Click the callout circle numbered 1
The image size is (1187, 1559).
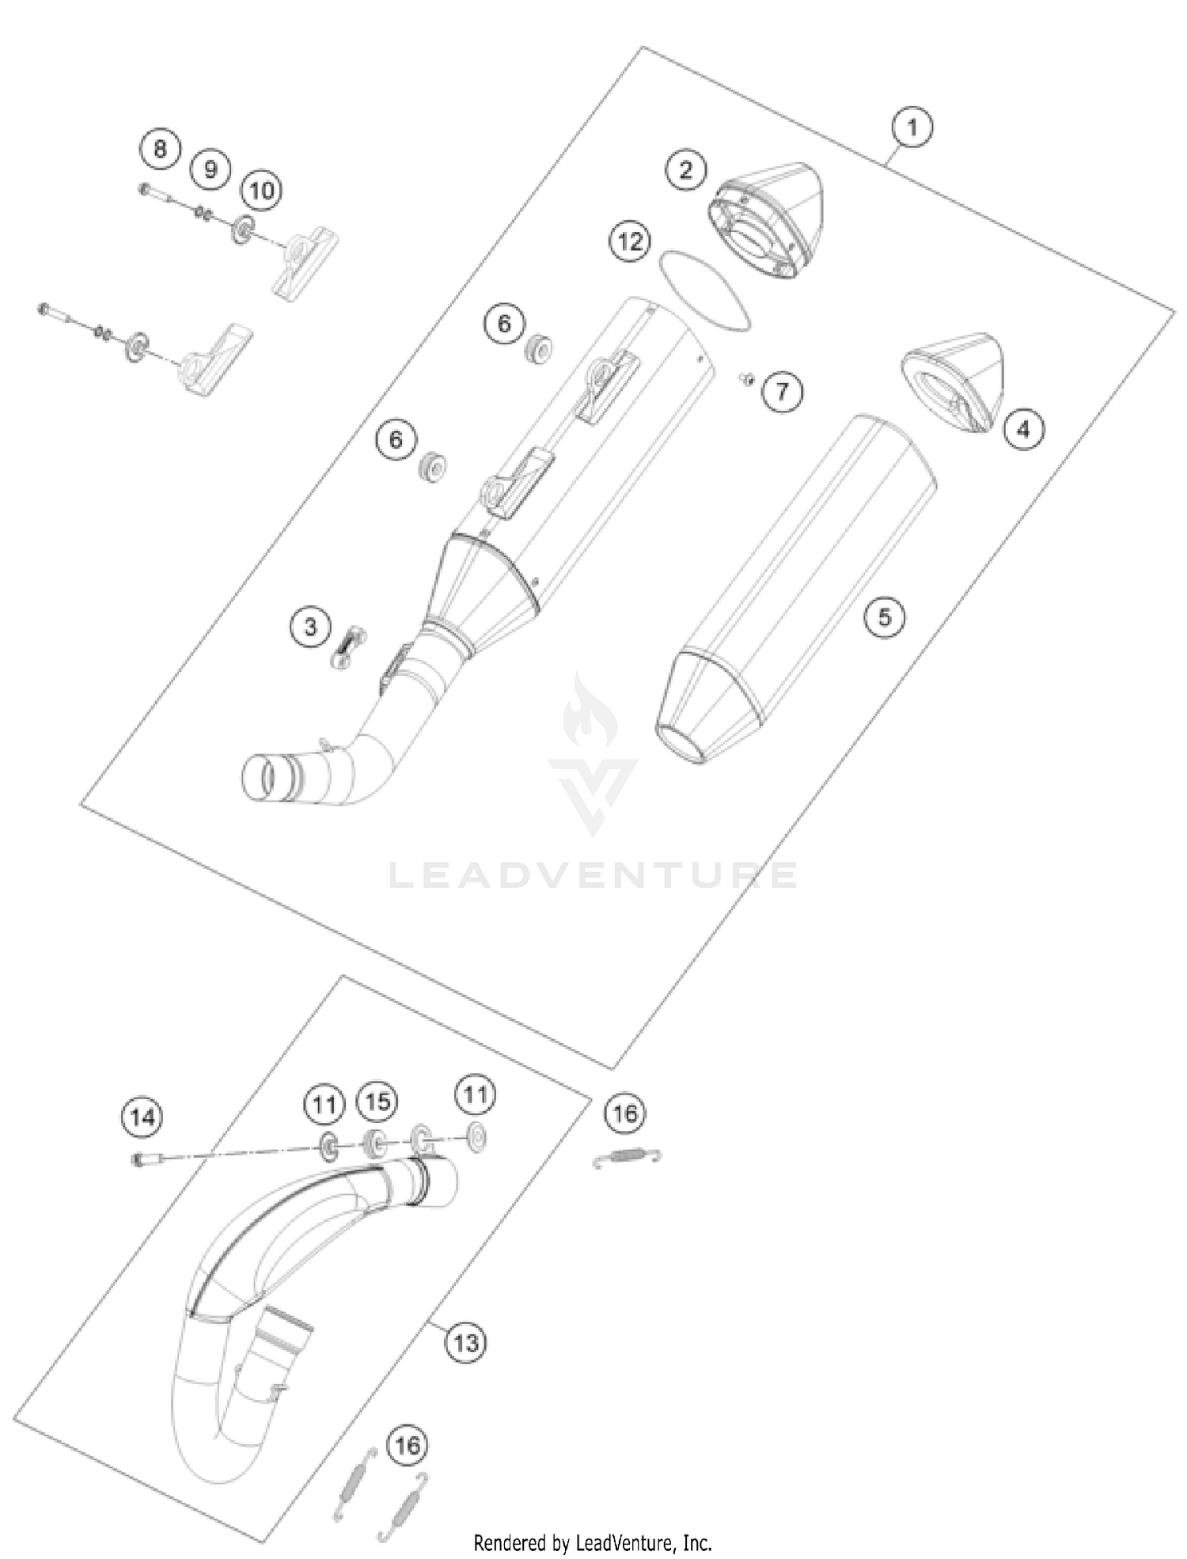(912, 127)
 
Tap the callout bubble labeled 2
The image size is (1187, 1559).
(685, 169)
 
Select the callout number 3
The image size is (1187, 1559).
(310, 627)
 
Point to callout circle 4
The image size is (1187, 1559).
(1023, 429)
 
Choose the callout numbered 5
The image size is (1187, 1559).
(884, 616)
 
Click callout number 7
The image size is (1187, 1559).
(782, 391)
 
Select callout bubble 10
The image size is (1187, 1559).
(261, 190)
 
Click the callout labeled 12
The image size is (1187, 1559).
(631, 241)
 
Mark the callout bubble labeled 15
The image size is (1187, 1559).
(377, 1102)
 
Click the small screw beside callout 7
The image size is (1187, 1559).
(745, 379)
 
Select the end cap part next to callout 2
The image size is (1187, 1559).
(768, 222)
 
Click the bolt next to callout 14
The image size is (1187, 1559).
(147, 1159)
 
